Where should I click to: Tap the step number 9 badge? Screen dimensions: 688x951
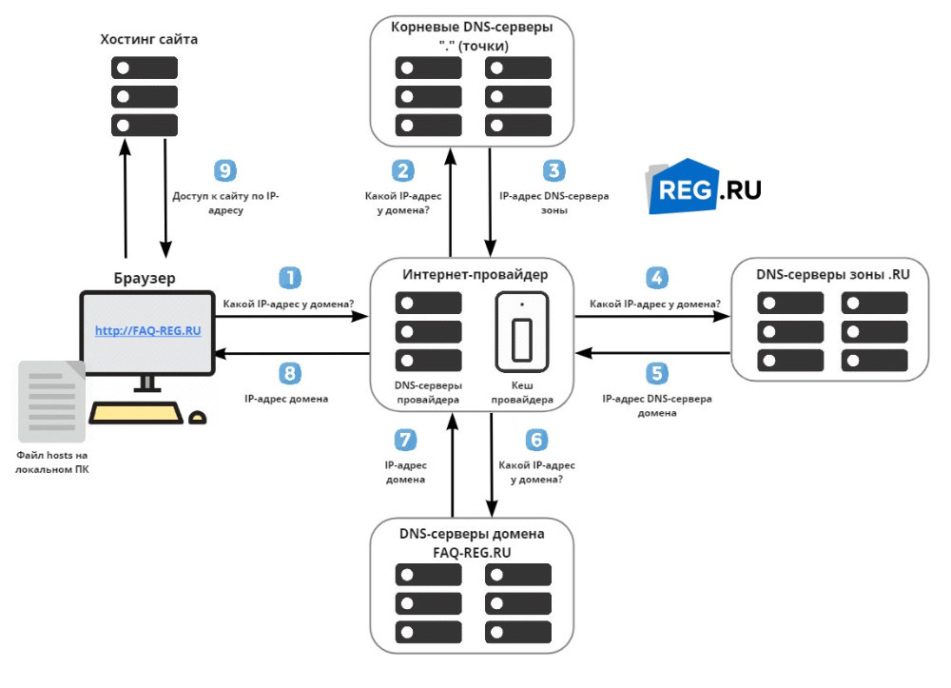224,170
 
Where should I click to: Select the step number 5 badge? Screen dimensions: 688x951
656,372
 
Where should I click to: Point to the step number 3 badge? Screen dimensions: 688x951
553,170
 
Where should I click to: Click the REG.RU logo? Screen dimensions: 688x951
705,187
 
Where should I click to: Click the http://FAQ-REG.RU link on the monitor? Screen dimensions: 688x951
148,330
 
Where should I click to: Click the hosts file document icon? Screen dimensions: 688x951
49,401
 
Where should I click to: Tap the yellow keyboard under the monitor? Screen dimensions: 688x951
136,413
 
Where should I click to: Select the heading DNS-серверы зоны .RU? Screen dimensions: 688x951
833,274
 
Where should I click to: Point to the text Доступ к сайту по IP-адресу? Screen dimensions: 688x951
225,204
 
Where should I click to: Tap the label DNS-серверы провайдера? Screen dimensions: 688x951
428,394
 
